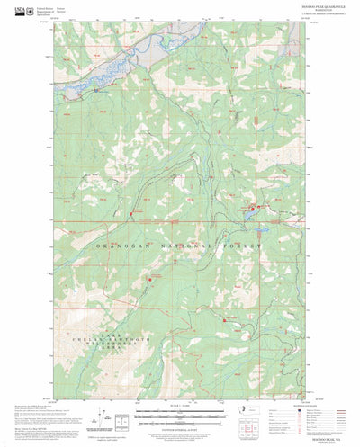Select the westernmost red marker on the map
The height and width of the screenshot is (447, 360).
[132, 212]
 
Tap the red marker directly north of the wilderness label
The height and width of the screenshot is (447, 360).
[150, 280]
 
